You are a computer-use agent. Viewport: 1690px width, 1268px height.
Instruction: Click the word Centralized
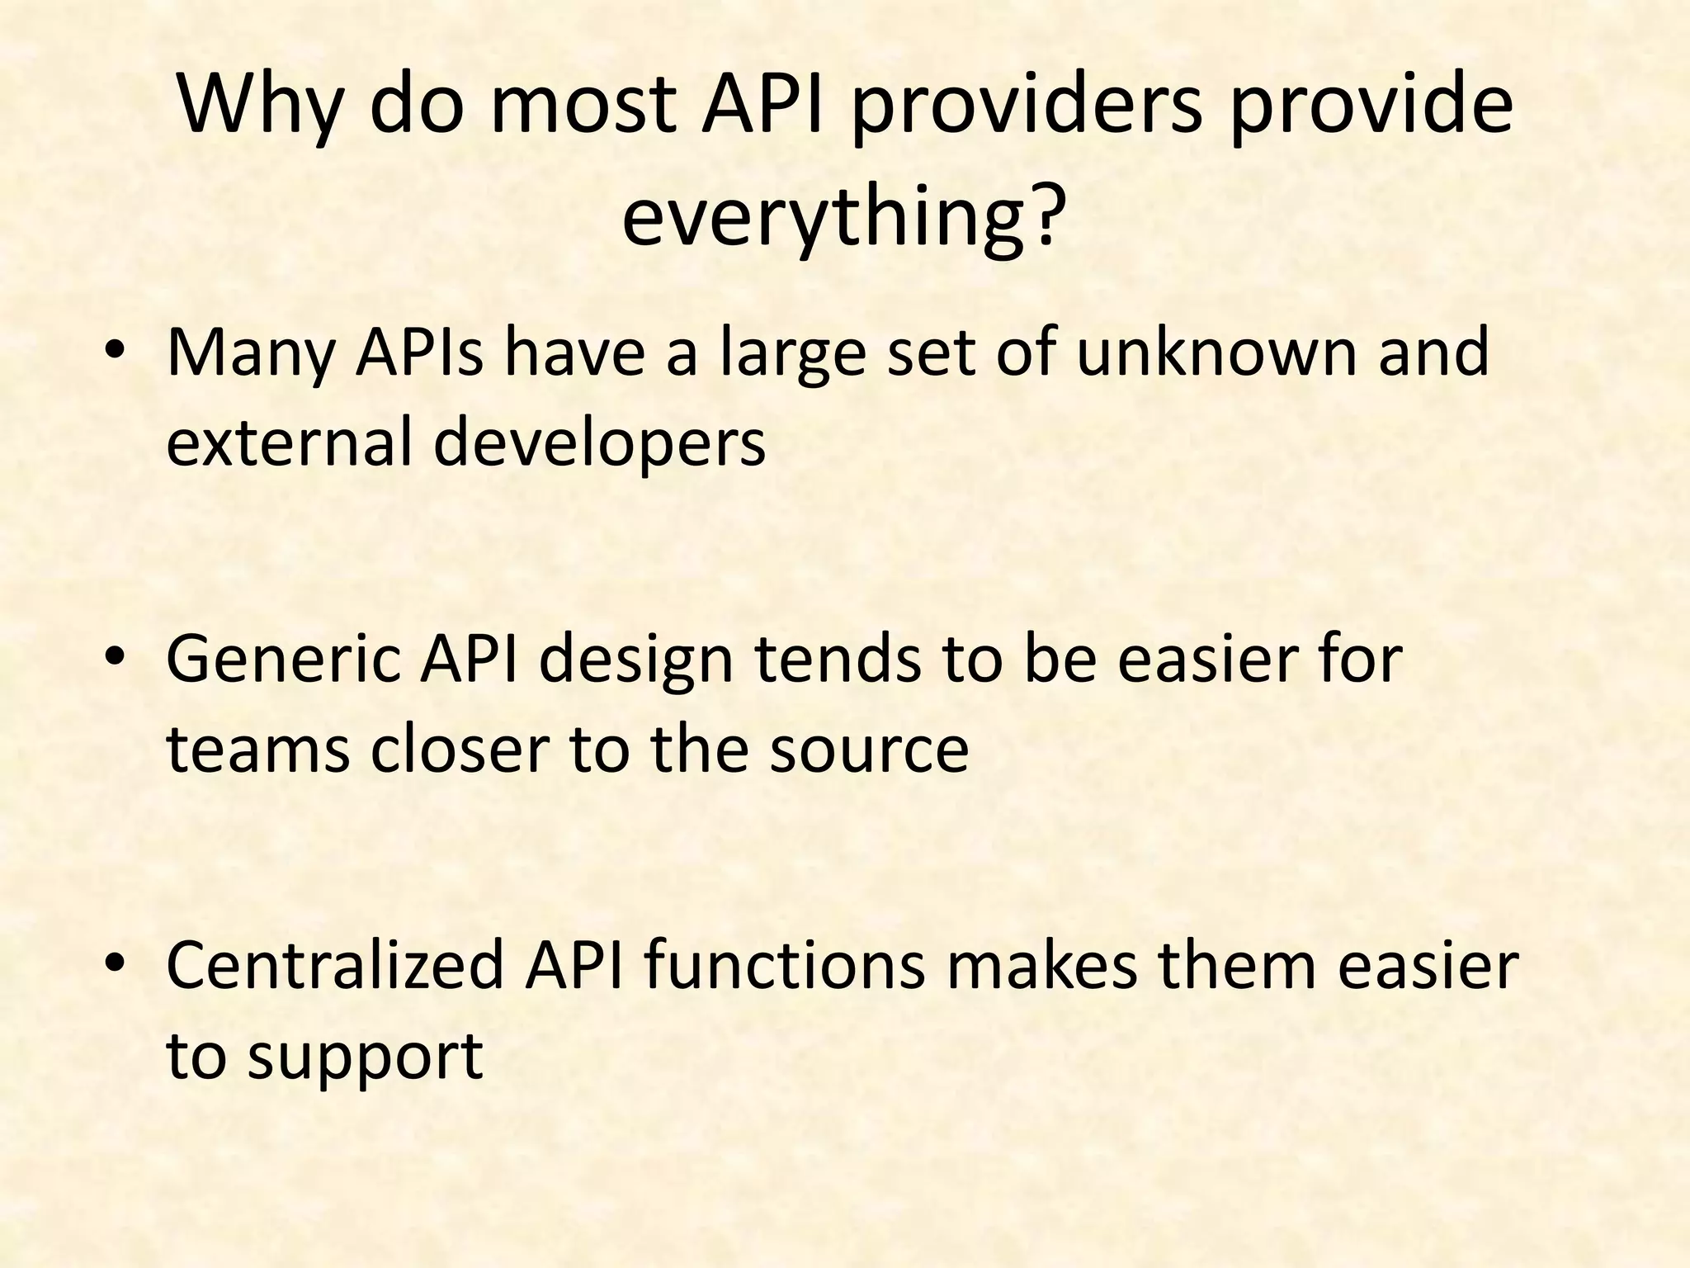[x=334, y=966]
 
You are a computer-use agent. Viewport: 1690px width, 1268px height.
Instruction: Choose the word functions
[x=784, y=966]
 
